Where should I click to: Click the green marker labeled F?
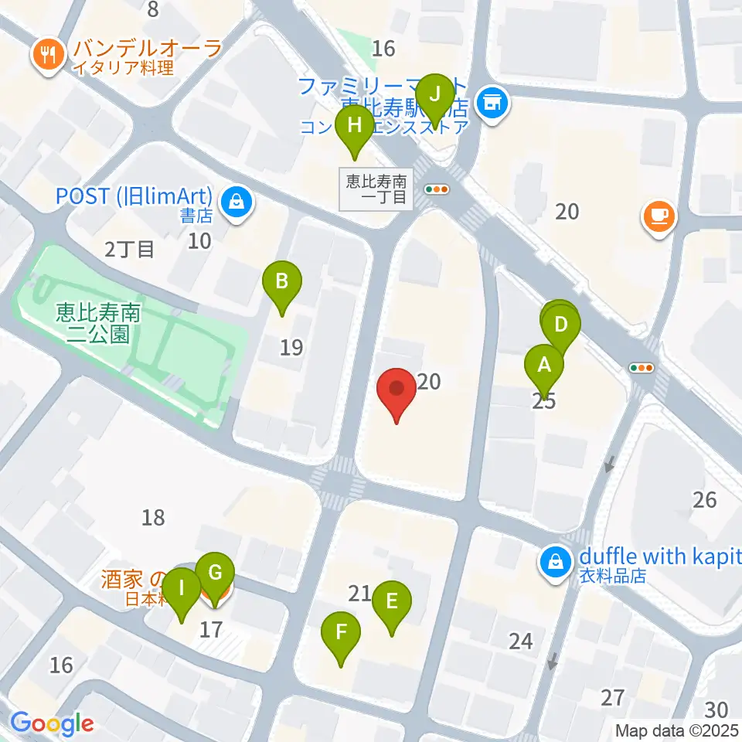tap(341, 634)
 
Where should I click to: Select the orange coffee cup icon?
tap(659, 216)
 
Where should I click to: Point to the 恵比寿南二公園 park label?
tap(97, 322)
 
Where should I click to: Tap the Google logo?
tap(53, 723)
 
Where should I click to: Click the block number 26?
tap(705, 499)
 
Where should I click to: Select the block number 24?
tap(521, 640)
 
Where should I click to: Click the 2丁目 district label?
tap(130, 248)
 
